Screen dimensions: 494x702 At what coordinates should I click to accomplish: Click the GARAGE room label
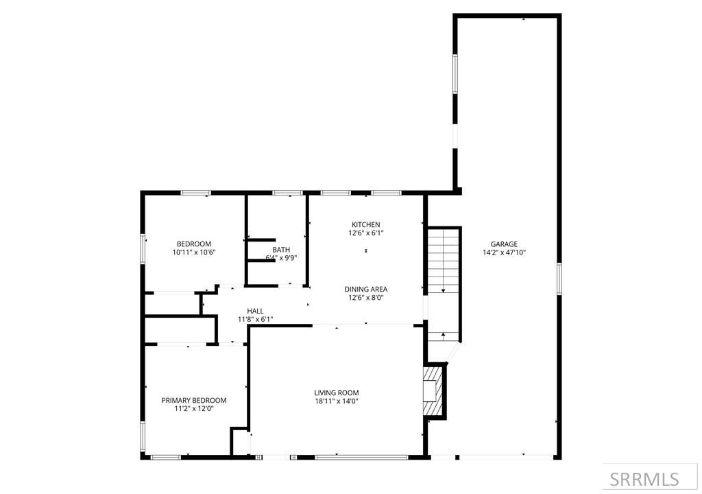pyautogui.click(x=504, y=244)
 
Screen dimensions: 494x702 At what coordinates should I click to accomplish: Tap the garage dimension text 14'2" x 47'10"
pyautogui.click(x=504, y=252)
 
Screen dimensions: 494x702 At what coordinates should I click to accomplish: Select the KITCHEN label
pyautogui.click(x=365, y=225)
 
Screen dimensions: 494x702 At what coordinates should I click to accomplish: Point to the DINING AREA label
pyautogui.click(x=365, y=290)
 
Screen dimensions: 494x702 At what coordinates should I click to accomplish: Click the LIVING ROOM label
pyautogui.click(x=337, y=393)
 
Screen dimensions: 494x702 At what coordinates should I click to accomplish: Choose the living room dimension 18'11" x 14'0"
pyautogui.click(x=337, y=401)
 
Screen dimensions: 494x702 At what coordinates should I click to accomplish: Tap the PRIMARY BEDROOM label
pyautogui.click(x=194, y=401)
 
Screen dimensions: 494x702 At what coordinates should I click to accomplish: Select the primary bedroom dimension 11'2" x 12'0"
pyautogui.click(x=194, y=409)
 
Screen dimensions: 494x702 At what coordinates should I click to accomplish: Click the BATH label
pyautogui.click(x=281, y=250)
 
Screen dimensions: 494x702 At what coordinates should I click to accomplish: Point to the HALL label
pyautogui.click(x=255, y=311)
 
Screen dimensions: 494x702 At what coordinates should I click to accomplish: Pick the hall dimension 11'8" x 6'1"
pyautogui.click(x=255, y=319)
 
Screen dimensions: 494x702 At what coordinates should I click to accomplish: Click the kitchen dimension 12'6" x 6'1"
pyautogui.click(x=365, y=233)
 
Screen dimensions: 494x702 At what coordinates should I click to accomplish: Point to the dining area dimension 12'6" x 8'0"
pyautogui.click(x=365, y=298)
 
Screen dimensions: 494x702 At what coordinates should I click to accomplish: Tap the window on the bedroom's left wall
pyautogui.click(x=143, y=248)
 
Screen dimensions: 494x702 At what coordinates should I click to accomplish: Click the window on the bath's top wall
pyautogui.click(x=287, y=193)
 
